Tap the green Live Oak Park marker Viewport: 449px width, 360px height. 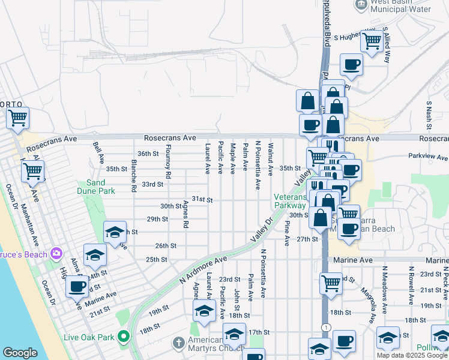[124, 335]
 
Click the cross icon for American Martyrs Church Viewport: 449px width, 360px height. [178, 343]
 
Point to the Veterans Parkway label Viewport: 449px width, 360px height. [291, 200]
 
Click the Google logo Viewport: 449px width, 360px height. [20, 353]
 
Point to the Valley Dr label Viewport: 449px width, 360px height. [262, 229]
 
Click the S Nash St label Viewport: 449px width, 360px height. [429, 115]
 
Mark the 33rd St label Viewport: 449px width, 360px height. [152, 184]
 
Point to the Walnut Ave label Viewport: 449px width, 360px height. [271, 159]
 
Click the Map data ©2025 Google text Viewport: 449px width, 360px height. [412, 355]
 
